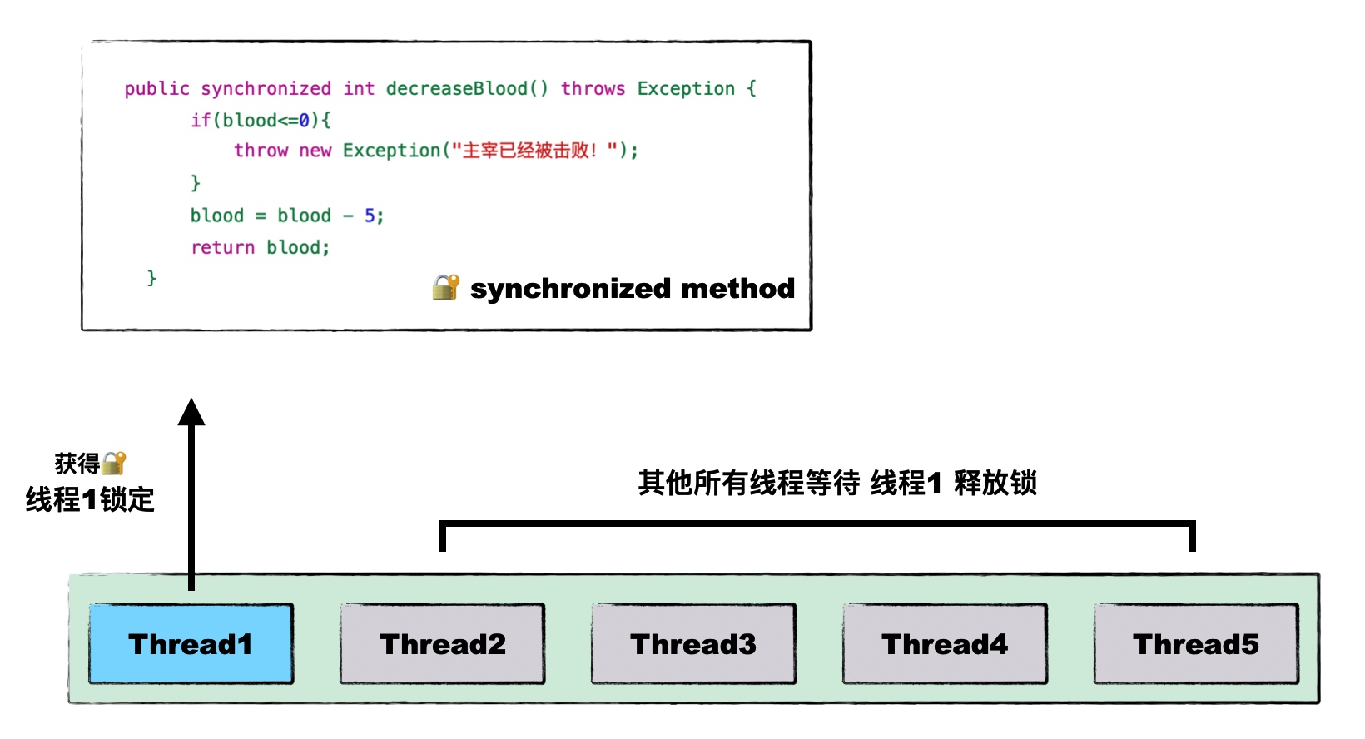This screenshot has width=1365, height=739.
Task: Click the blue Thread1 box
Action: pos(191,644)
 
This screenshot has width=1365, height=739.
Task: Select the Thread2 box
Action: pos(442,644)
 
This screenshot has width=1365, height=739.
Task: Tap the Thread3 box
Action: pos(693,644)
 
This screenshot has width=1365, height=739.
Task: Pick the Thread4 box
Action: pos(945,644)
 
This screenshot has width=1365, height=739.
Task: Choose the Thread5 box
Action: pos(1196,644)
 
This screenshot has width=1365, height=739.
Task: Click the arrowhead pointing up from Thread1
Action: pos(191,413)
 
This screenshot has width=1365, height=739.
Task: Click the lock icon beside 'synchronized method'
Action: pos(446,287)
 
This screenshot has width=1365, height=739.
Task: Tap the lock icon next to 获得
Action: pos(114,463)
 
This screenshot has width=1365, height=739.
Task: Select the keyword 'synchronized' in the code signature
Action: pos(266,89)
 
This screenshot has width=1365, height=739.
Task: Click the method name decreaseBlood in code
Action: pos(456,89)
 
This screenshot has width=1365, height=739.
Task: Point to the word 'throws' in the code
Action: pos(593,89)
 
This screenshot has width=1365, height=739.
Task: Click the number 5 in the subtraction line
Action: pos(370,216)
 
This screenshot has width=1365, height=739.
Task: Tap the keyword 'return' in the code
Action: pos(222,248)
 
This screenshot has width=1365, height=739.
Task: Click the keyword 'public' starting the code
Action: pos(156,89)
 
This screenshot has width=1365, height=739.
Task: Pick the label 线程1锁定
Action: pos(90,499)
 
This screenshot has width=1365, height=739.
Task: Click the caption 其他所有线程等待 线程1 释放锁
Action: pos(837,483)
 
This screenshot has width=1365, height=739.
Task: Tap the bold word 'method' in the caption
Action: pos(737,288)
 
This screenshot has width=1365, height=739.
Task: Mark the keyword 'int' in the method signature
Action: pos(359,89)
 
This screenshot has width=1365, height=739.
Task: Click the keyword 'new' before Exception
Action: pos(315,151)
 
